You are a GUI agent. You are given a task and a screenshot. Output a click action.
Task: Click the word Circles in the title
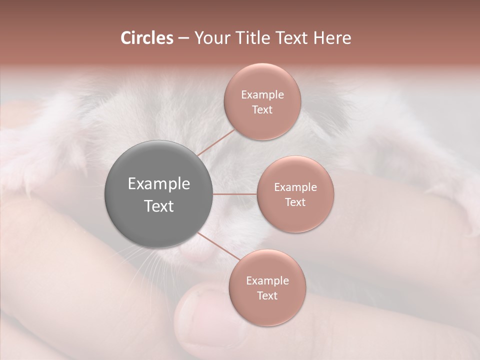[x=146, y=38]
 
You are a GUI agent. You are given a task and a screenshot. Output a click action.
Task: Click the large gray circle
[x=158, y=194]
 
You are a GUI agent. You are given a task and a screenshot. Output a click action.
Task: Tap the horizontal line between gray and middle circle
[x=234, y=194]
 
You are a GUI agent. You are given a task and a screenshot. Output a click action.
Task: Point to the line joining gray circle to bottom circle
[x=218, y=247]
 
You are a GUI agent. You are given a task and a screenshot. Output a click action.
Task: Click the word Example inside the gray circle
[x=158, y=184]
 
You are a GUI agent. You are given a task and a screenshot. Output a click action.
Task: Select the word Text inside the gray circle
[x=158, y=206]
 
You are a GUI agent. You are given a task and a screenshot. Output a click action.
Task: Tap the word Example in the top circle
[x=262, y=95]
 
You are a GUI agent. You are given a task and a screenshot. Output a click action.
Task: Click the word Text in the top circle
[x=262, y=110]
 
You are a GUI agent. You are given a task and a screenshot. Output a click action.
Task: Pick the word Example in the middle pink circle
[x=295, y=187]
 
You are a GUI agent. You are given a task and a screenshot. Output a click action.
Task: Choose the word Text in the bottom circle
[x=267, y=296]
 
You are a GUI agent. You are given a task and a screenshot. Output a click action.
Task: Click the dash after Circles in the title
[x=183, y=38]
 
